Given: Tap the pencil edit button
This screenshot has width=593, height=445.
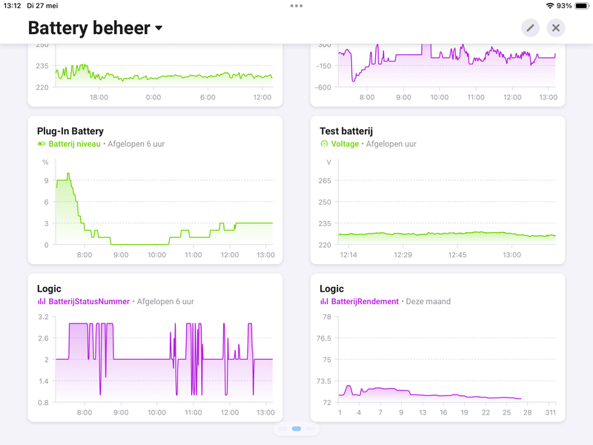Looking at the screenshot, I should pyautogui.click(x=530, y=28).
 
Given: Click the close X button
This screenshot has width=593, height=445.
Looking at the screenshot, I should pyautogui.click(x=556, y=28).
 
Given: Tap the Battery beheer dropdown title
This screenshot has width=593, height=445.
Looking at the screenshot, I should pyautogui.click(x=95, y=28).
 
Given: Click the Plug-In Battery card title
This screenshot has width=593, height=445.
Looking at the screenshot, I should pyautogui.click(x=70, y=131).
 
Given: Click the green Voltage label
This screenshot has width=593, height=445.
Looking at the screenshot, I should pyautogui.click(x=345, y=144).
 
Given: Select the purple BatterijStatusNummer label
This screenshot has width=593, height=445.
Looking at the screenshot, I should pyautogui.click(x=89, y=302).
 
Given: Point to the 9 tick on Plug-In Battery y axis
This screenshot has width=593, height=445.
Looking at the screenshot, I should pyautogui.click(x=46, y=180).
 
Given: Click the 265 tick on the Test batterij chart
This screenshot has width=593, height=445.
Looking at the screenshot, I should pyautogui.click(x=324, y=180).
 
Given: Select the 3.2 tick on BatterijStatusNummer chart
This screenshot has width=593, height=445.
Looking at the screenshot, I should pyautogui.click(x=43, y=317).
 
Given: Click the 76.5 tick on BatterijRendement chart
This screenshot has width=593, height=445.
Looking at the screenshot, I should pyautogui.click(x=323, y=338).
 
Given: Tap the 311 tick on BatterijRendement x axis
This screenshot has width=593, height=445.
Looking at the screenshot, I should pyautogui.click(x=551, y=412).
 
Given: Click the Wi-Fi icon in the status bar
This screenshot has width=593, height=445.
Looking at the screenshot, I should pyautogui.click(x=549, y=6).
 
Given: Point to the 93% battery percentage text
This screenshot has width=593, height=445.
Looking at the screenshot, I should pyautogui.click(x=564, y=6).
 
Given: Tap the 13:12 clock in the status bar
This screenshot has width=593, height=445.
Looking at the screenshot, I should pyautogui.click(x=13, y=6).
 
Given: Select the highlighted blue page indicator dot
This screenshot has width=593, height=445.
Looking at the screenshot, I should pyautogui.click(x=296, y=429).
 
